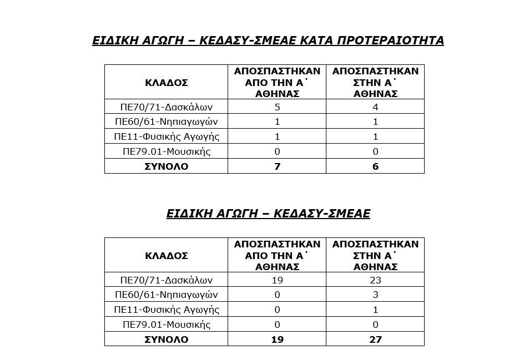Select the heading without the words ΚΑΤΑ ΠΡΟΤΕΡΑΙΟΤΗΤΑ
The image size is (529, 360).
268,214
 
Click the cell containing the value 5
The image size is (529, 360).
277,107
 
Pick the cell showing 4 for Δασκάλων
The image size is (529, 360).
375,107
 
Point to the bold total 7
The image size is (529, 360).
277,166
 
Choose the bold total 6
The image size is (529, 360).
375,166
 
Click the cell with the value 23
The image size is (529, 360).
375,280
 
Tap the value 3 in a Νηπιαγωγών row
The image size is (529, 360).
375,295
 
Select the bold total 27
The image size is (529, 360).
375,339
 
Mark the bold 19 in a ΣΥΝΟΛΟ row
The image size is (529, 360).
277,339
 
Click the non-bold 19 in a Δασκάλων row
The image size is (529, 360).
277,280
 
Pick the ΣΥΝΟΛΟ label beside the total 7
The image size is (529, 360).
166,166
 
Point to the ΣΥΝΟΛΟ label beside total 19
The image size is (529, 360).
166,339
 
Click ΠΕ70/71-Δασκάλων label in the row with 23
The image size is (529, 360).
167,280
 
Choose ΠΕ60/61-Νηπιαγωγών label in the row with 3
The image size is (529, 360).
167,295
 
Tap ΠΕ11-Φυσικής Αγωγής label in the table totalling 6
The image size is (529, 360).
167,136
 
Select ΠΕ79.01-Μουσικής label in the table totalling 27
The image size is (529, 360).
167,324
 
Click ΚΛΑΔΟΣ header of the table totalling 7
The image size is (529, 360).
166,83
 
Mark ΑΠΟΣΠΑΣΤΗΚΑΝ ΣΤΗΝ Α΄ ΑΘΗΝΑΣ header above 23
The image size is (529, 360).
375,255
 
